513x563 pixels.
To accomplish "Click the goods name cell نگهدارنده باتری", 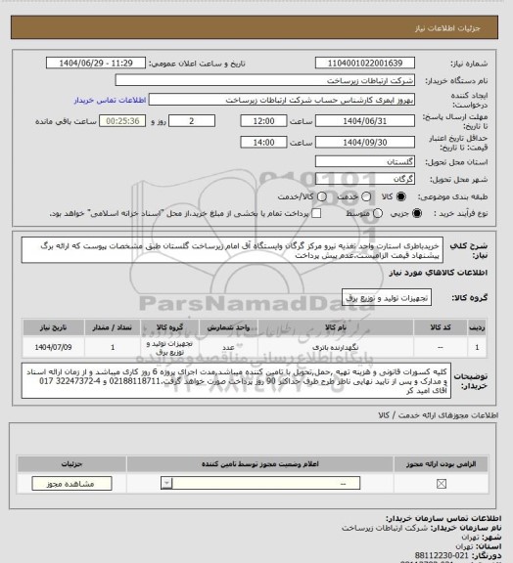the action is [318, 347].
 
